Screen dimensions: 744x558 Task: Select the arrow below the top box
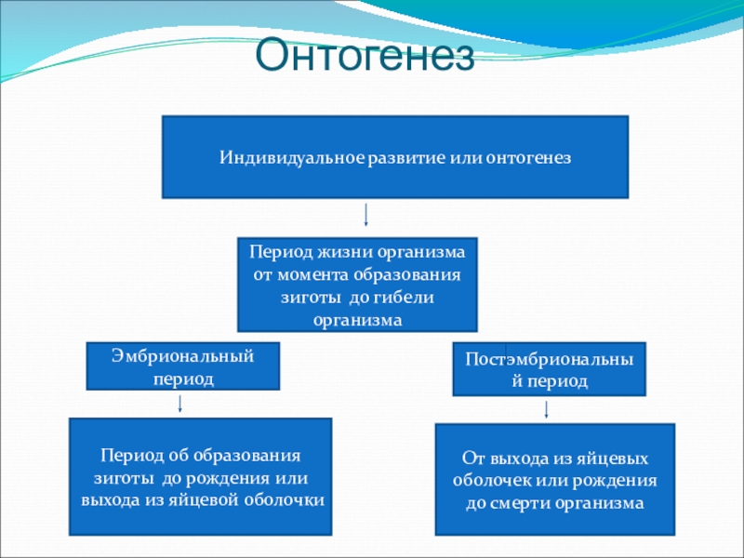tap(366, 215)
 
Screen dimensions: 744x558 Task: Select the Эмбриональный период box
tap(183, 365)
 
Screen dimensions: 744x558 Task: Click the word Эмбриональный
tap(183, 355)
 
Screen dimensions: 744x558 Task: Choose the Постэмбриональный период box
tap(549, 369)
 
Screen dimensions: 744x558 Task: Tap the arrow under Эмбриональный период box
tap(179, 404)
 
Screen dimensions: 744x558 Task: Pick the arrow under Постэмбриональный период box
tap(546, 408)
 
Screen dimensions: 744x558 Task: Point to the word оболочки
tap(289, 500)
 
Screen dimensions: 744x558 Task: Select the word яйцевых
tap(615, 459)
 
